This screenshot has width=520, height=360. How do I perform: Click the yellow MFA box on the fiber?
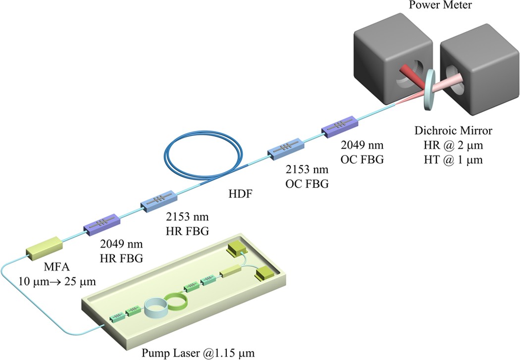45,247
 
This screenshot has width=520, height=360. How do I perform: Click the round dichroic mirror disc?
430,89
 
